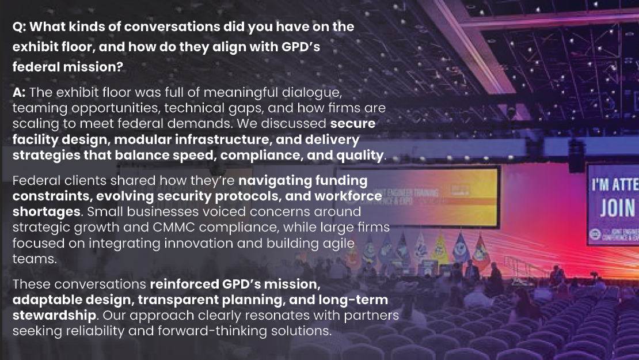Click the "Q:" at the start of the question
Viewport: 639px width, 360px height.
pos(19,27)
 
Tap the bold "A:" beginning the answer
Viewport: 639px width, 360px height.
pos(19,93)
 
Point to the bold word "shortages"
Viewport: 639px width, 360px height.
pos(47,212)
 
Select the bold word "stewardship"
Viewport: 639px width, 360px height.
pos(55,316)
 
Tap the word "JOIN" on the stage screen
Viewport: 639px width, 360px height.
pos(617,208)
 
